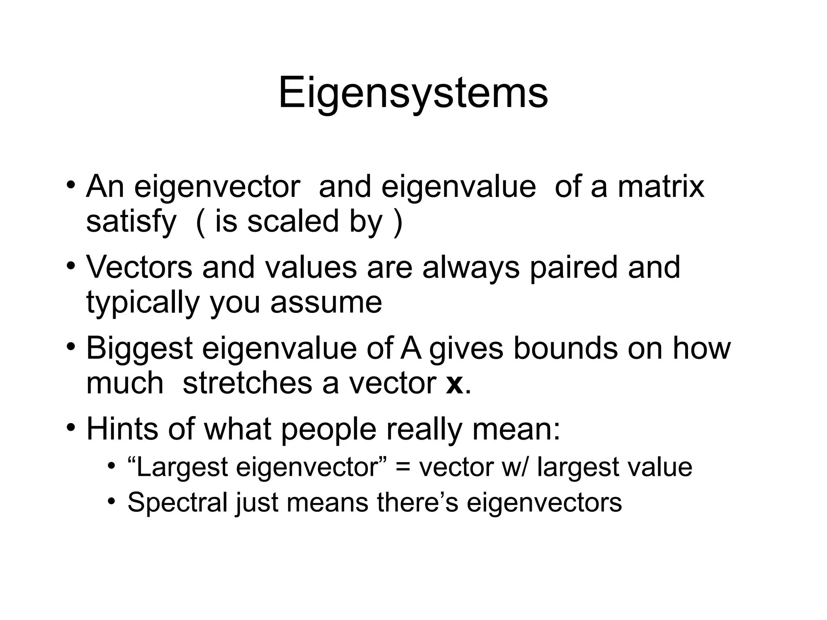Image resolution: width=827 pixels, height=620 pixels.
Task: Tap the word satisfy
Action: (x=131, y=222)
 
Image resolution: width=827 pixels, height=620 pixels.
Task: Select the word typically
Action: (x=143, y=303)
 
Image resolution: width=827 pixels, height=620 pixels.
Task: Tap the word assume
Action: (x=326, y=303)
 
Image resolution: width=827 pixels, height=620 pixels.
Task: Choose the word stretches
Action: (x=247, y=383)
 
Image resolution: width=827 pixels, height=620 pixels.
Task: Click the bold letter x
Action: (x=455, y=383)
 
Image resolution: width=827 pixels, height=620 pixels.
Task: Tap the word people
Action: (x=328, y=429)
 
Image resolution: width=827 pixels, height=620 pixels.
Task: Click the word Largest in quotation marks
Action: (x=183, y=467)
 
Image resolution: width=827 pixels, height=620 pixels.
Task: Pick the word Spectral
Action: (x=178, y=503)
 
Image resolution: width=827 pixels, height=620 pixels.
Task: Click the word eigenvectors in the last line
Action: (x=544, y=503)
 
